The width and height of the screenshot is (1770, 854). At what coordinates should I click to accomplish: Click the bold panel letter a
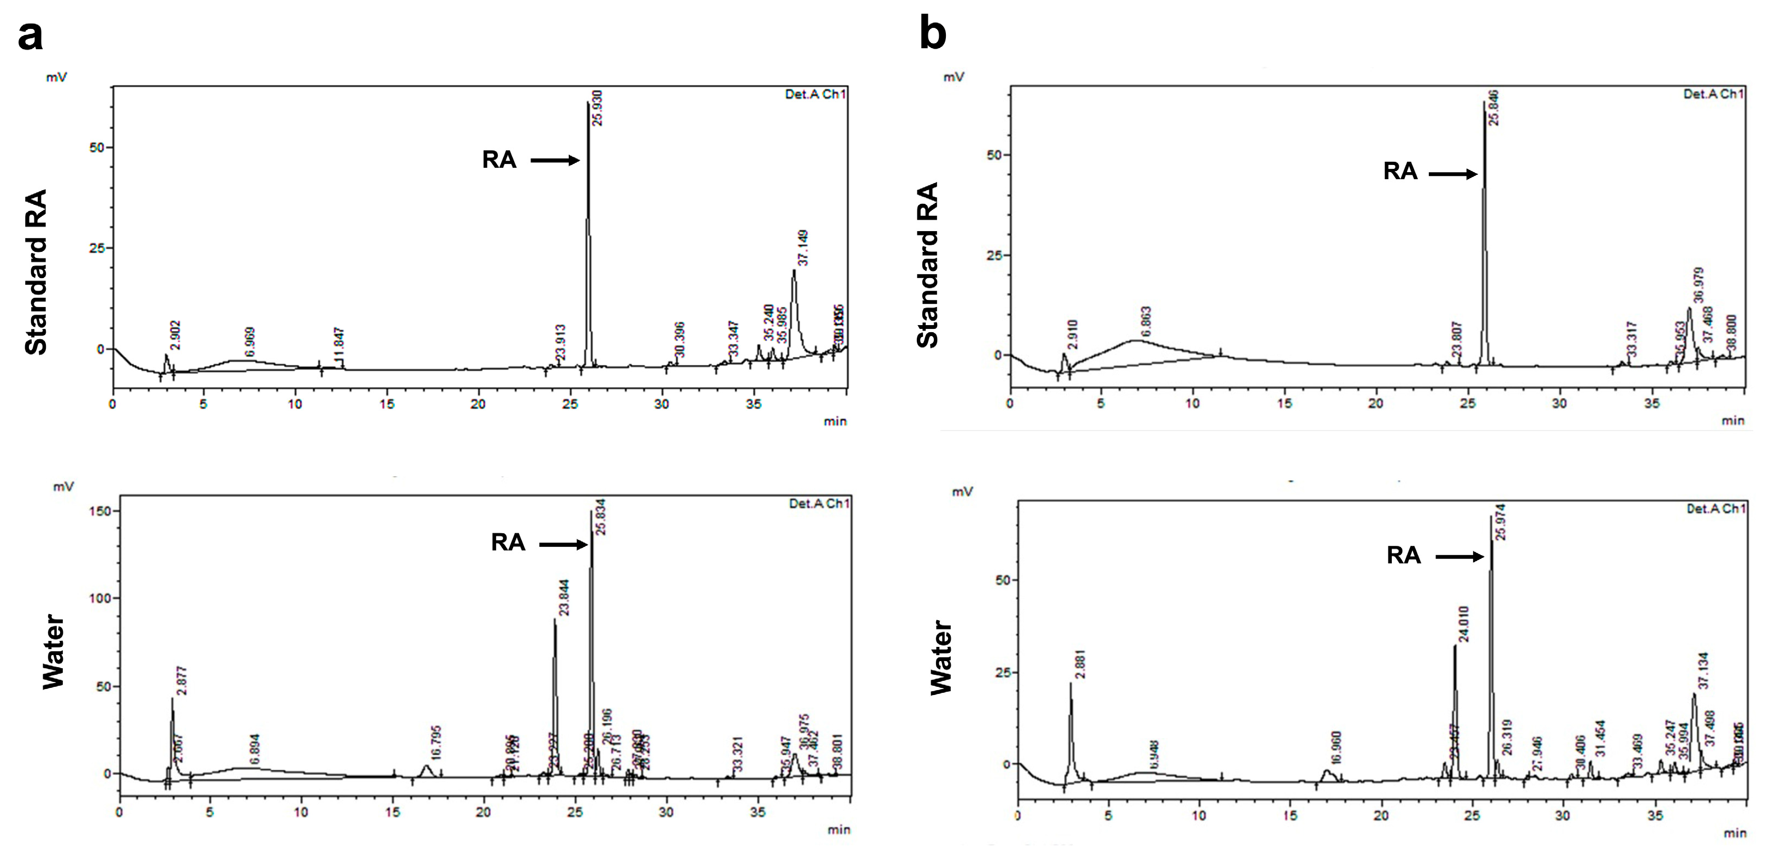[30, 36]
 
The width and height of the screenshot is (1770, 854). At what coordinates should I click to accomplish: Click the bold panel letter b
[932, 34]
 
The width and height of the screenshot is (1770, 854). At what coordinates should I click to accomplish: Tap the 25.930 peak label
[597, 108]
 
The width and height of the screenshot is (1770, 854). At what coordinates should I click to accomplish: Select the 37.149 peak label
[802, 248]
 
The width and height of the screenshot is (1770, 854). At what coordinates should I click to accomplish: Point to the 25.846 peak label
[1493, 108]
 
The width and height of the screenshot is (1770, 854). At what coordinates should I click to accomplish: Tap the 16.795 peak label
[436, 743]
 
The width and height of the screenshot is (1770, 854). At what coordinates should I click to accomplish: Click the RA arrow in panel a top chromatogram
[555, 160]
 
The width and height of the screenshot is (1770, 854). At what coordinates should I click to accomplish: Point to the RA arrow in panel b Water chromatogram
[1459, 556]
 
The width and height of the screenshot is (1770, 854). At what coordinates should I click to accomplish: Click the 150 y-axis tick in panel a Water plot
[99, 511]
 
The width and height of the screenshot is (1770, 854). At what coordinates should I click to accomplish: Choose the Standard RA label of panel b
[928, 266]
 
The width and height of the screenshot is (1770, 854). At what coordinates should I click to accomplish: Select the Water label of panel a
[53, 651]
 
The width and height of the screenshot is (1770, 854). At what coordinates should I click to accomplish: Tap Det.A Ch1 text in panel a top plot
[815, 94]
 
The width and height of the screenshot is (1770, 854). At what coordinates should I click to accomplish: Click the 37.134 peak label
[1703, 671]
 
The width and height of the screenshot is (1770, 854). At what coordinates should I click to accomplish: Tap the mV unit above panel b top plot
[953, 77]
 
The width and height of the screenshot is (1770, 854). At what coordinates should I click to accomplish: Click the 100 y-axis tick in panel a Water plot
[99, 598]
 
